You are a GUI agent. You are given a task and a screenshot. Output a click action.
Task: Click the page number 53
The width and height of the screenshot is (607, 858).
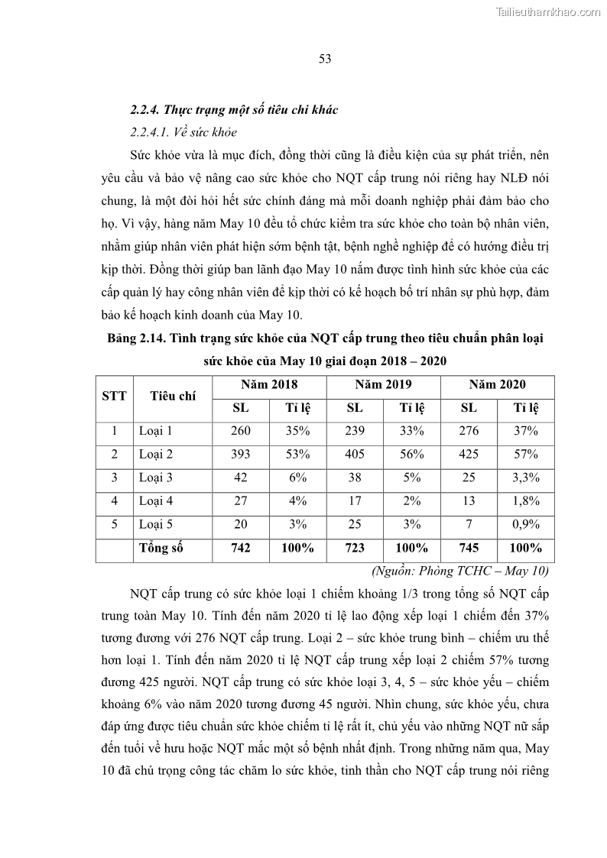pos(324,60)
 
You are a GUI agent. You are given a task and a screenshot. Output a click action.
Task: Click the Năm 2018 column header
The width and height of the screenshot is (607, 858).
pos(269,384)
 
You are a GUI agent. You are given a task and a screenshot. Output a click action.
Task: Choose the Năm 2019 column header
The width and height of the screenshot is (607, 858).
pos(383,384)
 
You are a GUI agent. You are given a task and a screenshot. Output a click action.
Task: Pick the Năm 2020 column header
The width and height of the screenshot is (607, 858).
pos(497,384)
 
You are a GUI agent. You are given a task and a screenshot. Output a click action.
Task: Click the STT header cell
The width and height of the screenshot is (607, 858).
pos(114,396)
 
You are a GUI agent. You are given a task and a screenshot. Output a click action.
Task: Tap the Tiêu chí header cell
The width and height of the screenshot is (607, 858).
pos(173,396)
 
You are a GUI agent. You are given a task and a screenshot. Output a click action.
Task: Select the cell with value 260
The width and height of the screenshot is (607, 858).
pos(241,431)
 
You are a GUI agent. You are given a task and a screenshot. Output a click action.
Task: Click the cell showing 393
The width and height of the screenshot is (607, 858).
pos(241,455)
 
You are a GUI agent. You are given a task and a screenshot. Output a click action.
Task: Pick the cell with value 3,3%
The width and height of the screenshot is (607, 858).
pos(526,478)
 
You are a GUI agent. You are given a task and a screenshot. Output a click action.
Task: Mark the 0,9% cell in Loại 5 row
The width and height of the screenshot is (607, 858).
pos(526,524)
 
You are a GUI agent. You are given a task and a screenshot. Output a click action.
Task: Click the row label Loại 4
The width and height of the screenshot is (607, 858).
pos(156,501)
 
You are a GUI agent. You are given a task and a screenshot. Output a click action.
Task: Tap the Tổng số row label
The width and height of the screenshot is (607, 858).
pos(162,548)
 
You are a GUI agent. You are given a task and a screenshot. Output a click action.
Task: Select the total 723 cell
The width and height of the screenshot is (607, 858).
pos(355,548)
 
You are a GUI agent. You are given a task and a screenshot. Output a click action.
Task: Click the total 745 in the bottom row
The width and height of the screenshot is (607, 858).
pos(469,548)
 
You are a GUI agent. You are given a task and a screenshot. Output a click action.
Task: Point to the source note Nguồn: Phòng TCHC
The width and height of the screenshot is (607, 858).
pos(459,571)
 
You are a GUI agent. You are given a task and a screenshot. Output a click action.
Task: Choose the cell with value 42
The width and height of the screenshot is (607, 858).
pos(241,478)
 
